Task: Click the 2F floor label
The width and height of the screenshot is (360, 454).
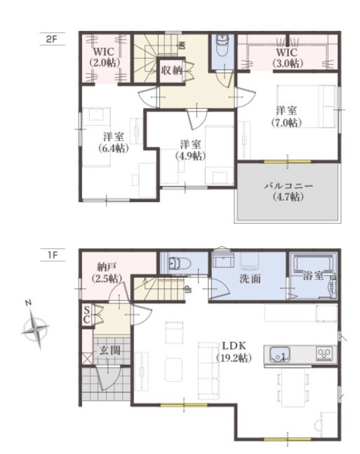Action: pyautogui.click(x=51, y=39)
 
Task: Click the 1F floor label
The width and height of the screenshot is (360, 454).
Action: pyautogui.click(x=53, y=255)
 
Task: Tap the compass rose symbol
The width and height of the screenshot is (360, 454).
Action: pyautogui.click(x=35, y=327)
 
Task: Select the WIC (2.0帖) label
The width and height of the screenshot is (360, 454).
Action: pyautogui.click(x=105, y=58)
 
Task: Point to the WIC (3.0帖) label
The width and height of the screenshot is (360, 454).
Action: pyautogui.click(x=288, y=58)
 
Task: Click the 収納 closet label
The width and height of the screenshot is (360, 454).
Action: pyautogui.click(x=171, y=70)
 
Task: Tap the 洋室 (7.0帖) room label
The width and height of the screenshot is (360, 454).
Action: pyautogui.click(x=287, y=116)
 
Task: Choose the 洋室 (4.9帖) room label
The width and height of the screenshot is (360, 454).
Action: pyautogui.click(x=190, y=150)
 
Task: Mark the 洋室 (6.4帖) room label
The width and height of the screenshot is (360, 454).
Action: pyautogui.click(x=113, y=142)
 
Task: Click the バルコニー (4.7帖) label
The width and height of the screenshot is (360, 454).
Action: pyautogui.click(x=288, y=191)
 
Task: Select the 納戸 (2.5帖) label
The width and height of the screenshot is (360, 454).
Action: pyautogui.click(x=106, y=272)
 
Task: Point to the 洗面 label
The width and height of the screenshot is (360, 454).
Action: pyautogui.click(x=251, y=279)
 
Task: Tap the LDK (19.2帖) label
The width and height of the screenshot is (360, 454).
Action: pyautogui.click(x=234, y=352)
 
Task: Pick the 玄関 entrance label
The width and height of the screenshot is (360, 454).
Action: pyautogui.click(x=110, y=351)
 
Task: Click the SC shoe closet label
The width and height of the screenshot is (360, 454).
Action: pyautogui.click(x=86, y=315)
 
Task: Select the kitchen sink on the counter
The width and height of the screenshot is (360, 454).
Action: pyautogui.click(x=279, y=354)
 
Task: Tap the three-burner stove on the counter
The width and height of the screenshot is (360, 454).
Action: pyautogui.click(x=324, y=354)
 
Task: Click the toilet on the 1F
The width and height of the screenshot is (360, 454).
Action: pyautogui.click(x=180, y=263)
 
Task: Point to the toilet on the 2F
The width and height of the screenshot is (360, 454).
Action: pyautogui.click(x=222, y=46)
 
